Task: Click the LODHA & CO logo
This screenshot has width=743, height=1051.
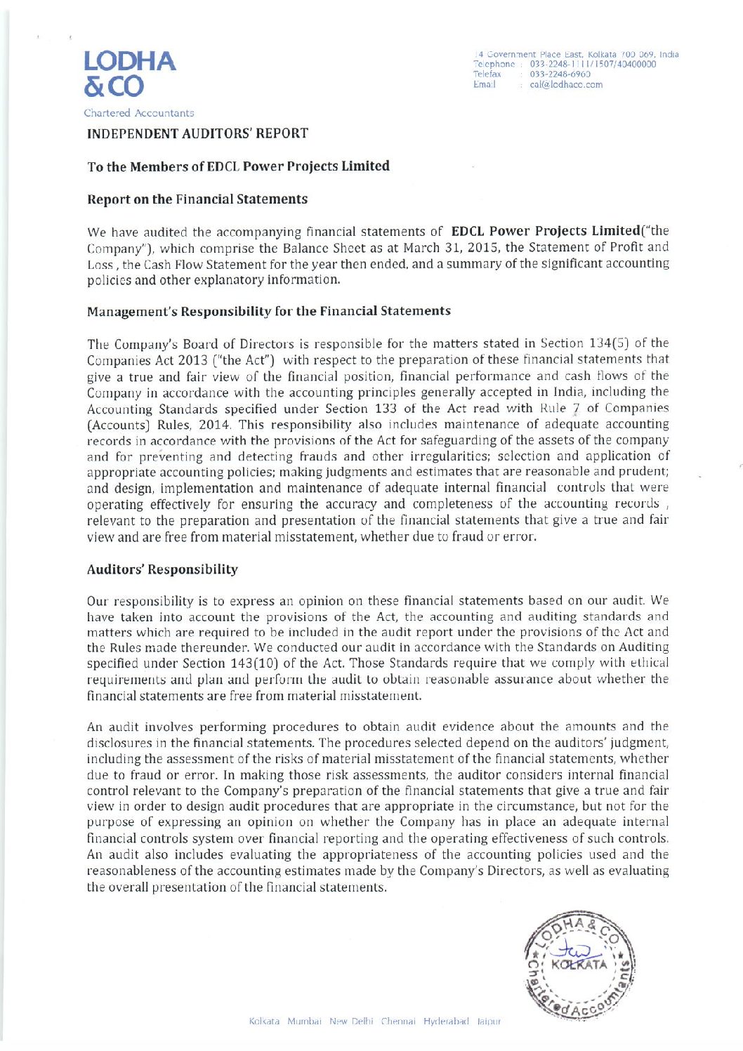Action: [129, 73]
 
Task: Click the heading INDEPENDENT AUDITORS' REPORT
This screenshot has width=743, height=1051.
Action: [197, 133]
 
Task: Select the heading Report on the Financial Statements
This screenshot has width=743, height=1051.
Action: [197, 199]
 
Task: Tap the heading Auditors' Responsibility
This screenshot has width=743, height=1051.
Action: [162, 569]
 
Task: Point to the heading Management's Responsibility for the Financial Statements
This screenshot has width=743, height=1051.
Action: [269, 311]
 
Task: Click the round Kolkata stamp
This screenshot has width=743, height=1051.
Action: [579, 964]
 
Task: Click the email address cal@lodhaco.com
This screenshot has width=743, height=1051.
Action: [566, 85]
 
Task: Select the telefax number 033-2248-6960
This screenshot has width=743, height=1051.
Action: [560, 74]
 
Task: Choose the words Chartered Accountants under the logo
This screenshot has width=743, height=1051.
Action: [139, 113]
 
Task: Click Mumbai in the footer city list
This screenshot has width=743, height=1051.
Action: [304, 1021]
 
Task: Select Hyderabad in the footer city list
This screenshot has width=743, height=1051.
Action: [446, 1021]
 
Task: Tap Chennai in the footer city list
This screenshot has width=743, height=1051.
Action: [398, 1021]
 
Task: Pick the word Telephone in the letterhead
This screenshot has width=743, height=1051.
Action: [494, 64]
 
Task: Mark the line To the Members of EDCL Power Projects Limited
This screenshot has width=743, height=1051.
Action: [238, 166]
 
